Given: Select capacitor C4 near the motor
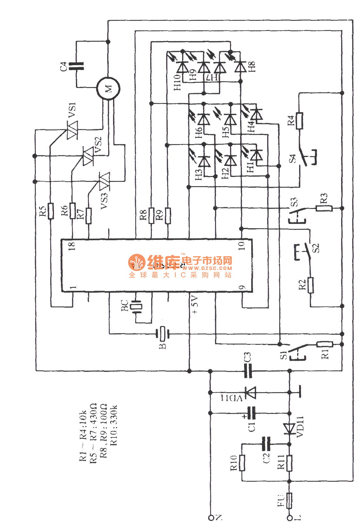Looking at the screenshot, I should [x=76, y=66].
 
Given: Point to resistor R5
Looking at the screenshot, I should [x=50, y=211].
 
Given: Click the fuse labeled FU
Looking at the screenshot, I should [x=289, y=500].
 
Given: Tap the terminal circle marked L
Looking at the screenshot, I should [x=290, y=518].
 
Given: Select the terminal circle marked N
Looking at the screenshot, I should [x=211, y=518].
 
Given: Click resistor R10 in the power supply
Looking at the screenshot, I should [x=242, y=463].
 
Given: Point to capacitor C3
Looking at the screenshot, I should [x=248, y=371].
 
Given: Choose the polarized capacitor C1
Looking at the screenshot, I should [x=251, y=413].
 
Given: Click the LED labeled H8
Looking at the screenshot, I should [x=241, y=67].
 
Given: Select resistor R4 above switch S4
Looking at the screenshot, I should [x=299, y=121].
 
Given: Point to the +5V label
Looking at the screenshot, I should [x=195, y=305].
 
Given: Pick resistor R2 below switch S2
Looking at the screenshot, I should [x=310, y=285].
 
